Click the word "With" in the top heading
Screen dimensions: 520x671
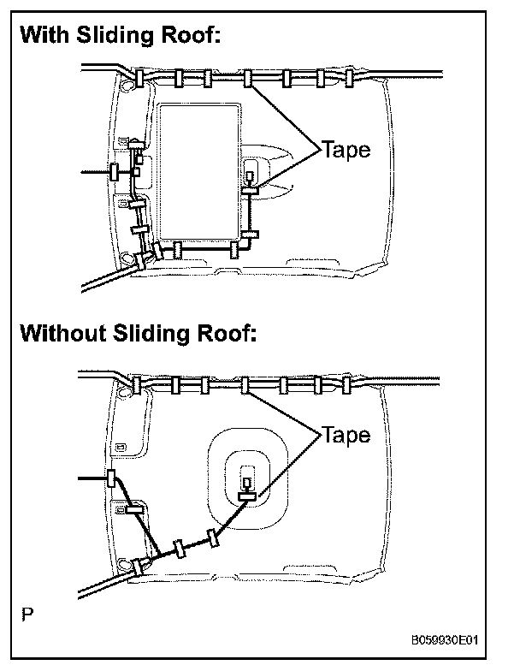(45, 37)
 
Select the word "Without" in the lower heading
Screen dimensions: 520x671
(62, 332)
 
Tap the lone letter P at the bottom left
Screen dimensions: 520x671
(28, 613)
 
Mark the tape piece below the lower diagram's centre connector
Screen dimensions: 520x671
(248, 495)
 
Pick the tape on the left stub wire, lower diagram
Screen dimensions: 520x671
(111, 478)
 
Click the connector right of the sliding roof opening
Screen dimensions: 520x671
(250, 178)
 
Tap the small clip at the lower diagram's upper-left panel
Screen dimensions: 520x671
(122, 447)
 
